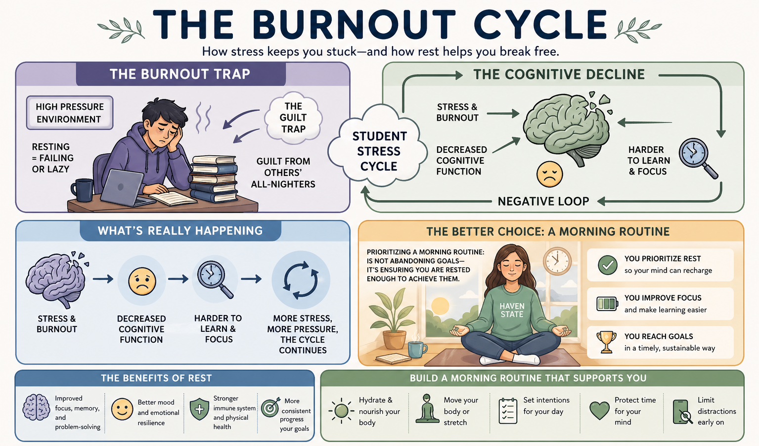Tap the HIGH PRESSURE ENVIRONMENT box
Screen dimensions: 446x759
click(x=70, y=113)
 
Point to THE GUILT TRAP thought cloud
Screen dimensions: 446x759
click(x=293, y=118)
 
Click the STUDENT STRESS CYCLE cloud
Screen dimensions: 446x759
click(x=379, y=151)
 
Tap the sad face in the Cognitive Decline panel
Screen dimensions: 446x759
click(x=549, y=174)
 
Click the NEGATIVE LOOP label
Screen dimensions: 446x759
click(x=543, y=201)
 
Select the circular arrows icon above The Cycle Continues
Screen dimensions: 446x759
click(x=301, y=280)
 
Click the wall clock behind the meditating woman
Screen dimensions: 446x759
click(x=557, y=261)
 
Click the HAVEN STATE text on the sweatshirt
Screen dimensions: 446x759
click(x=512, y=310)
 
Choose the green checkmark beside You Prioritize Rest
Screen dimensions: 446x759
click(x=607, y=265)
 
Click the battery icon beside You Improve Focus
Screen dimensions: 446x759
click(x=607, y=303)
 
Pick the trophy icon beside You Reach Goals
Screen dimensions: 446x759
click(x=607, y=342)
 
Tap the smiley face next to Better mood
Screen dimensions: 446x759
click(x=122, y=409)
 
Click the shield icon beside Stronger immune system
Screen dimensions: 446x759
click(x=199, y=409)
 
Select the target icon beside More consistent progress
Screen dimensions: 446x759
click(x=270, y=408)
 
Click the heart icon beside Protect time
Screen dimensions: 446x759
click(x=599, y=410)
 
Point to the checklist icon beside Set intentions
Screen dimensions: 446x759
click(x=508, y=411)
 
